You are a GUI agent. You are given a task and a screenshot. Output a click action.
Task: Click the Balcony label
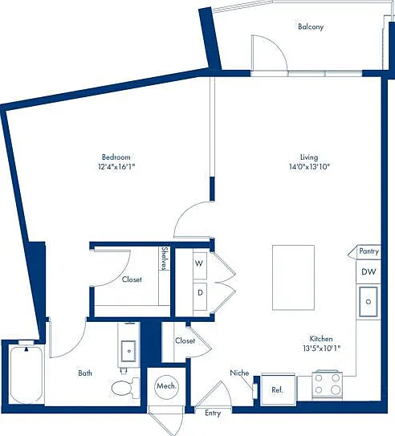click(311, 27)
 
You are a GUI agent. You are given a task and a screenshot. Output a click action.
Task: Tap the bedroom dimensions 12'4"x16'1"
click(116, 167)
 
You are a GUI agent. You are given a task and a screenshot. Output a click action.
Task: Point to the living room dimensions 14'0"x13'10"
click(309, 167)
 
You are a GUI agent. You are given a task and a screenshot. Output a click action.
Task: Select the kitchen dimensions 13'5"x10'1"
click(322, 348)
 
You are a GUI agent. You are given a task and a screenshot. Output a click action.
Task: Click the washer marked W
click(200, 265)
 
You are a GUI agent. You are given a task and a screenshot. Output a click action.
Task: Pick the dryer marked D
click(200, 296)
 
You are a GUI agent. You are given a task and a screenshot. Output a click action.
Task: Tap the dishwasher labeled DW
click(369, 271)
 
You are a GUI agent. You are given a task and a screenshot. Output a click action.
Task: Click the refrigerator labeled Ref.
click(278, 389)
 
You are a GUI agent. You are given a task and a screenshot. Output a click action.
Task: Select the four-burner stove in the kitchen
click(327, 385)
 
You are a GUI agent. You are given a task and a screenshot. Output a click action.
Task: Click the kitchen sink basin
click(369, 302)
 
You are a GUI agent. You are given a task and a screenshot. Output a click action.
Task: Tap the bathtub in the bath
click(26, 373)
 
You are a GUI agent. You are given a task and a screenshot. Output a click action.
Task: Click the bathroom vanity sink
click(128, 351)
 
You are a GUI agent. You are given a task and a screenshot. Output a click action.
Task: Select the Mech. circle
click(166, 386)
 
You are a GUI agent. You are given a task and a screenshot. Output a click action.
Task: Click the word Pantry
click(369, 251)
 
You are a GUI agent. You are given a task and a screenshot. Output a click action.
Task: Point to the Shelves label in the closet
click(165, 259)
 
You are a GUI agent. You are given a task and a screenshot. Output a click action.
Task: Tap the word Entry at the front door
click(213, 414)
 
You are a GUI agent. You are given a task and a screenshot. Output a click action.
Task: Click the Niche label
click(239, 373)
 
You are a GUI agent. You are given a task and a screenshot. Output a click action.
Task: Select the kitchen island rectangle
click(294, 278)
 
